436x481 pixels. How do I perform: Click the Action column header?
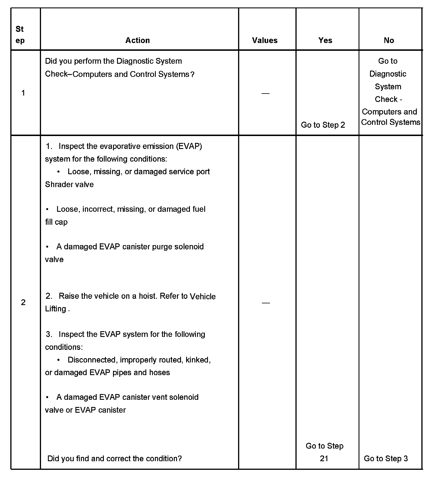click(x=137, y=40)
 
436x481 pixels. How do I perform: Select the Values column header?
click(x=265, y=40)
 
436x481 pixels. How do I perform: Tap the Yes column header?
click(x=325, y=40)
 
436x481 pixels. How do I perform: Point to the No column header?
click(x=389, y=40)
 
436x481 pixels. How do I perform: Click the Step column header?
click(x=20, y=35)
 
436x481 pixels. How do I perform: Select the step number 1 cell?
click(x=23, y=93)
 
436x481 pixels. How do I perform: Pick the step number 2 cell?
click(x=23, y=302)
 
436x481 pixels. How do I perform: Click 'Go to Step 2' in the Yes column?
click(x=323, y=125)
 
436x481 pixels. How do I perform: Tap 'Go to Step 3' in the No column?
click(x=386, y=459)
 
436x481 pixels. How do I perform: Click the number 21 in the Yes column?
click(x=324, y=459)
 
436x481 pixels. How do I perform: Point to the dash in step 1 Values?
click(x=266, y=93)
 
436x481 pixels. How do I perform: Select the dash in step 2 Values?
click(x=266, y=303)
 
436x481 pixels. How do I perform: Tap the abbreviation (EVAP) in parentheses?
click(x=189, y=146)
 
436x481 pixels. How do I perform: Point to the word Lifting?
click(x=56, y=309)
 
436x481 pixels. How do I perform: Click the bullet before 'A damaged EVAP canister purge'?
click(x=47, y=247)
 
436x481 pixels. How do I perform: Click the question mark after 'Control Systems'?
click(x=192, y=75)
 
